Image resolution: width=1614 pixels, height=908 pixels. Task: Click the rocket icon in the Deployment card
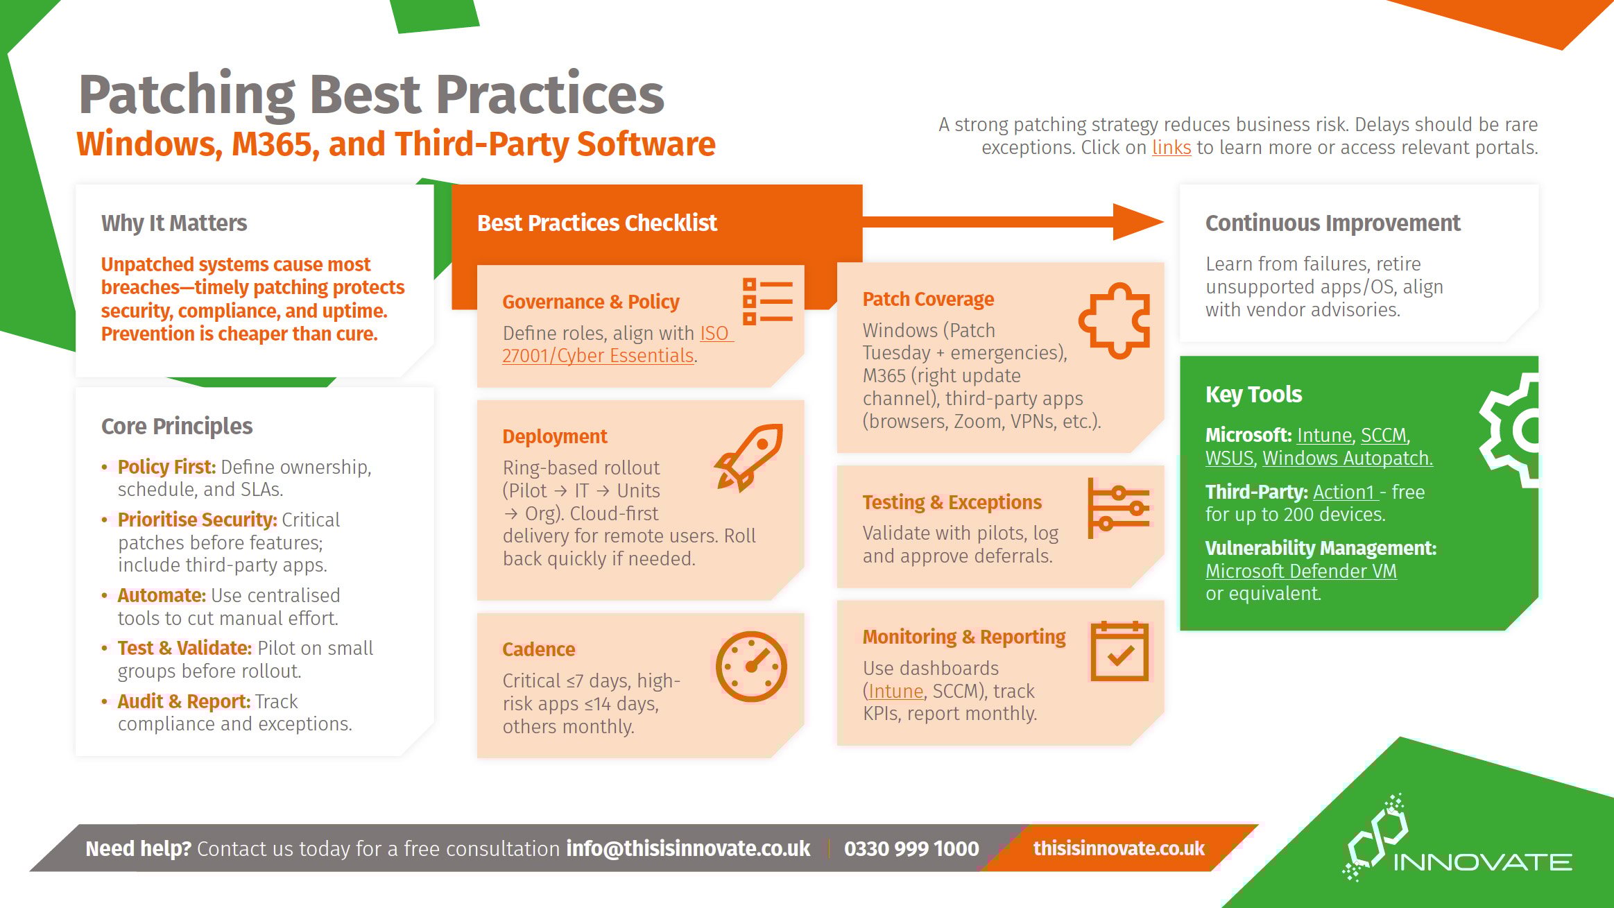(749, 457)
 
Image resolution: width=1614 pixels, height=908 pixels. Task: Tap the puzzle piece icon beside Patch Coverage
(1115, 320)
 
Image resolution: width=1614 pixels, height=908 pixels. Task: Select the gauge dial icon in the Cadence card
(751, 666)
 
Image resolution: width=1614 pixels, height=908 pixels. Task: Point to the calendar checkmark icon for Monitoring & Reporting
(1119, 651)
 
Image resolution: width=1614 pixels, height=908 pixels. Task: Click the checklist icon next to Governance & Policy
(767, 302)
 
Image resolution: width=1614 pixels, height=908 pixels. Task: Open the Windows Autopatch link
(1347, 458)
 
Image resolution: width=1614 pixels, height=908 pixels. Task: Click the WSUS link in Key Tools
(1229, 458)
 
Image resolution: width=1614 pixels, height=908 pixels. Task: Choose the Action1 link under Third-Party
(1343, 492)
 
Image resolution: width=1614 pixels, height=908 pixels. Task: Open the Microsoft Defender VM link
(1300, 571)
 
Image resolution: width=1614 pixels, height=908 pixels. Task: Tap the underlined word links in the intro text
(1171, 148)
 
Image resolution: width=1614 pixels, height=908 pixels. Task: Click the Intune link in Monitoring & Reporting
(895, 691)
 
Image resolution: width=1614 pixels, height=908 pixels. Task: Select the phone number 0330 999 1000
(911, 848)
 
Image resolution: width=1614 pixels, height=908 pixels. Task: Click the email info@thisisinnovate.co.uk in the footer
(688, 848)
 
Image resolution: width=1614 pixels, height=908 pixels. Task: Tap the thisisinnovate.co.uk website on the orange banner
(1119, 848)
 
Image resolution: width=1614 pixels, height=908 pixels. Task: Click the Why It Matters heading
(174, 223)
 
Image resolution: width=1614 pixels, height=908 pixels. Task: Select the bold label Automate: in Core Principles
(162, 595)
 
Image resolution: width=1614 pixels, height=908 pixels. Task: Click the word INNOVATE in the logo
(1483, 862)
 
